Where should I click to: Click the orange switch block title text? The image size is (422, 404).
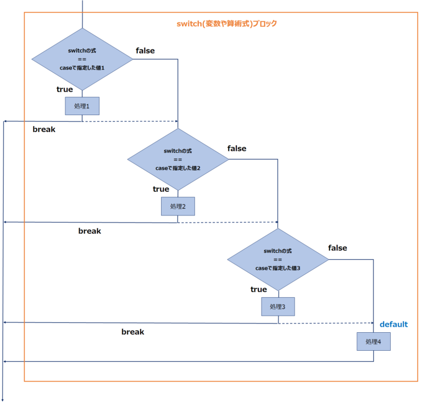pyautogui.click(x=226, y=24)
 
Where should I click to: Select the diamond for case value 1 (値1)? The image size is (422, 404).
pyautogui.click(x=82, y=59)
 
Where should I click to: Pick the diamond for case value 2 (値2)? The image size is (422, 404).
pyautogui.click(x=177, y=160)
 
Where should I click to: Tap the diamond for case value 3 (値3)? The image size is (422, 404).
pyautogui.click(x=277, y=259)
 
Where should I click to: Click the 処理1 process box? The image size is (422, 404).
pyautogui.click(x=82, y=106)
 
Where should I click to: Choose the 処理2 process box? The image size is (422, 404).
pyautogui.click(x=177, y=206)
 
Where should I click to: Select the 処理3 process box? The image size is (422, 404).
pyautogui.click(x=277, y=306)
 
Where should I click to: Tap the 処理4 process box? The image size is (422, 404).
pyautogui.click(x=374, y=342)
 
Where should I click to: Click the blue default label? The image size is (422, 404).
pyautogui.click(x=393, y=325)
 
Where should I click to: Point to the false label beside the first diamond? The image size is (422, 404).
pyautogui.click(x=145, y=51)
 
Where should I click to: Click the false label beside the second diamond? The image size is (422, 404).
pyautogui.click(x=237, y=149)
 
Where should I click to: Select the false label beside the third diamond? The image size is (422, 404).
pyautogui.click(x=337, y=248)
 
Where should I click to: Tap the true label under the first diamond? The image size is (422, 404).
pyautogui.click(x=65, y=89)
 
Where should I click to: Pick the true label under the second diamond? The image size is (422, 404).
pyautogui.click(x=161, y=189)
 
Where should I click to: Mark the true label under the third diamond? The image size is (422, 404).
pyautogui.click(x=259, y=289)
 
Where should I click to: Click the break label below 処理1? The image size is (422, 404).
pyautogui.click(x=44, y=130)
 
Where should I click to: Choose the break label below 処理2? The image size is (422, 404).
pyautogui.click(x=90, y=231)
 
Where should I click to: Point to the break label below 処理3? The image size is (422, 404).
pyautogui.click(x=132, y=332)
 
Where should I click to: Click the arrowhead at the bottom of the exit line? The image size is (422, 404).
pyautogui.click(x=3, y=399)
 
